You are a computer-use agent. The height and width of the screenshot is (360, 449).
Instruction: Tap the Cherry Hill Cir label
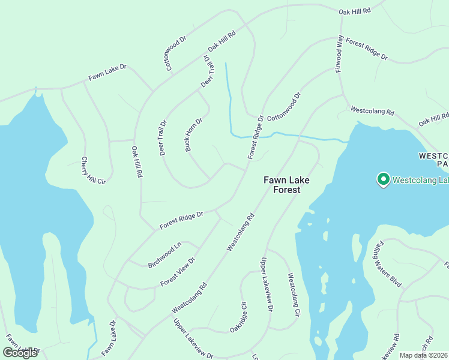[x=93, y=170]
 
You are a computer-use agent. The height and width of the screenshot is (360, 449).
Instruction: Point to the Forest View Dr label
[x=178, y=272]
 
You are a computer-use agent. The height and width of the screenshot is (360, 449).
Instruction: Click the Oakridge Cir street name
[x=238, y=317]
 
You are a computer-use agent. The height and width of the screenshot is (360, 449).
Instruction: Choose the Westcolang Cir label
[x=294, y=295]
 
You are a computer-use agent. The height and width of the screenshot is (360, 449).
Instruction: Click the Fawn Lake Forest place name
[x=282, y=184]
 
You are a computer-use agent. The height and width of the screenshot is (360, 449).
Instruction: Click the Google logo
[x=20, y=353]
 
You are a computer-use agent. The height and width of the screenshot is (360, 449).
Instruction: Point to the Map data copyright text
[x=424, y=355]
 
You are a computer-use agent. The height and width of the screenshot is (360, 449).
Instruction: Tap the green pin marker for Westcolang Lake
[x=382, y=179]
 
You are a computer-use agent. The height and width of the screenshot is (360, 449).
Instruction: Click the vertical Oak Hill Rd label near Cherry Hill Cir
[x=136, y=162]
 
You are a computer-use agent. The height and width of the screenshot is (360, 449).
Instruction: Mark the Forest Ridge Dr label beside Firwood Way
[x=367, y=50]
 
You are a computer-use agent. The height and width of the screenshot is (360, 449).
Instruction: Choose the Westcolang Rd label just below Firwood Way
[x=372, y=112]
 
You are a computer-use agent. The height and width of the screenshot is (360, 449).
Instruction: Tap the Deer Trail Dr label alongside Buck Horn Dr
[x=163, y=138]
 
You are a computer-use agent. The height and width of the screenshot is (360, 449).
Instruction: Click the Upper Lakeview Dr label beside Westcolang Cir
[x=266, y=284]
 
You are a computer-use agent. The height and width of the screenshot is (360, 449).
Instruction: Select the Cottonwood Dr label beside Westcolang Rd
[x=284, y=105]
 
